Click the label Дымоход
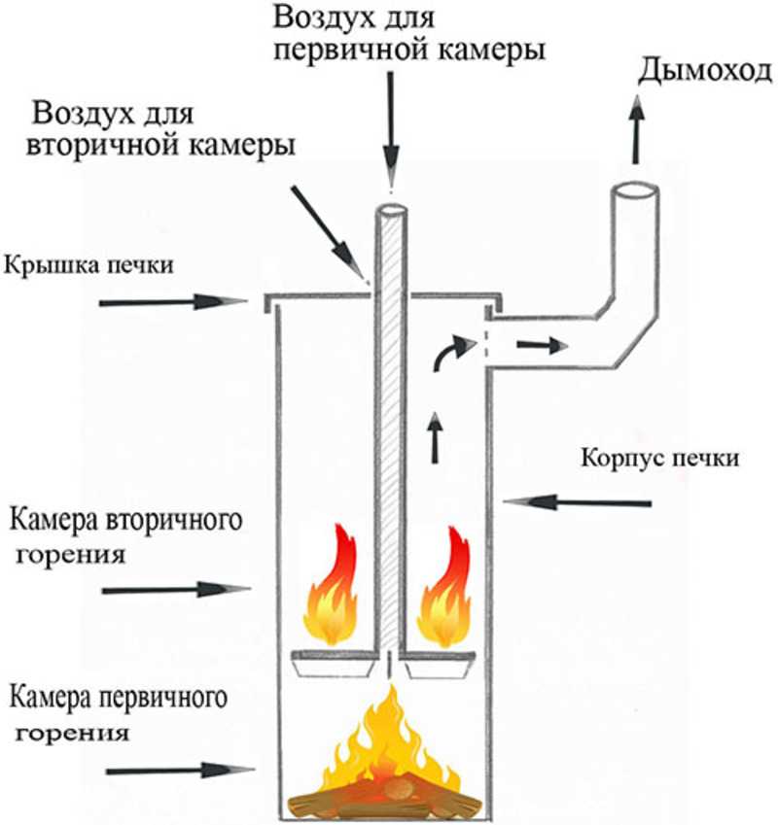[x=705, y=72]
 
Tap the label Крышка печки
[x=88, y=264]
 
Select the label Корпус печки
[x=660, y=458]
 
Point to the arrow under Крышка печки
[x=173, y=302]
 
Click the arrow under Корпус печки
[x=578, y=502]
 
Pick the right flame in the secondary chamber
[x=443, y=587]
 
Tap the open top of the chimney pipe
[x=634, y=191]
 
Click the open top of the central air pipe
[x=391, y=210]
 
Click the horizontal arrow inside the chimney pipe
[x=543, y=346]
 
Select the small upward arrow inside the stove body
[x=435, y=437]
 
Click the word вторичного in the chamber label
[x=174, y=521]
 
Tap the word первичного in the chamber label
[x=162, y=699]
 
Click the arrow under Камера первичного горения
[x=180, y=771]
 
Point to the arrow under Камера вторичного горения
[x=176, y=590]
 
